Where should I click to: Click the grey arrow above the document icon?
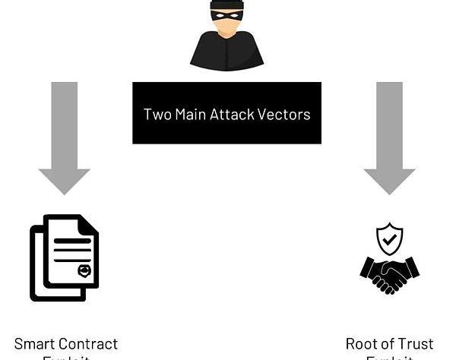point(65,129)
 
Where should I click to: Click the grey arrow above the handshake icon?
point(390,129)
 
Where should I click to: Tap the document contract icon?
point(64,257)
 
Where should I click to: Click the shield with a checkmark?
point(390,239)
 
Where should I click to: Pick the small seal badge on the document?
point(84,271)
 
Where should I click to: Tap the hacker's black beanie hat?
point(226,5)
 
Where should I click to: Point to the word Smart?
point(36,344)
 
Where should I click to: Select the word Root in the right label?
point(363,344)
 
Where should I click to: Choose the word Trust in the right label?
point(416,344)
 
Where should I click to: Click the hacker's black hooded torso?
point(226,52)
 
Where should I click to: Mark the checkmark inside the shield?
point(390,239)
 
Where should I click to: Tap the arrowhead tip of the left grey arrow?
point(65,191)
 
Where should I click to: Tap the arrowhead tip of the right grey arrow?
point(390,191)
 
